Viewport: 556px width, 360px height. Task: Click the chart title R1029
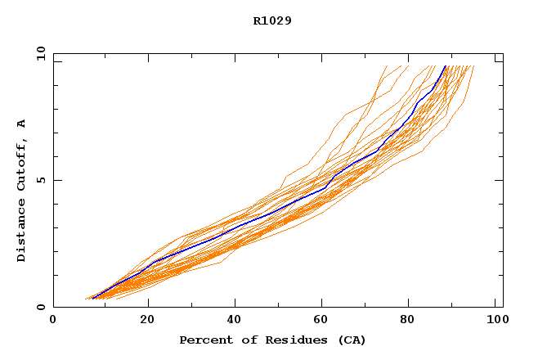click(x=272, y=20)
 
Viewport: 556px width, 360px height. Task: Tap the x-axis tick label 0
click(x=53, y=322)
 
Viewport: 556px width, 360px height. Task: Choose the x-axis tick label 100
click(x=496, y=322)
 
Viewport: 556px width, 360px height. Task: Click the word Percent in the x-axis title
click(x=205, y=340)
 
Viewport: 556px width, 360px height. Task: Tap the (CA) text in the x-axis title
click(x=350, y=340)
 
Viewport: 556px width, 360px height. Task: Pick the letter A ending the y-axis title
click(x=21, y=124)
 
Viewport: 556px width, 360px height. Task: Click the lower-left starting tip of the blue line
click(x=92, y=299)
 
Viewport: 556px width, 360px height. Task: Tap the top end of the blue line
click(x=446, y=65)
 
